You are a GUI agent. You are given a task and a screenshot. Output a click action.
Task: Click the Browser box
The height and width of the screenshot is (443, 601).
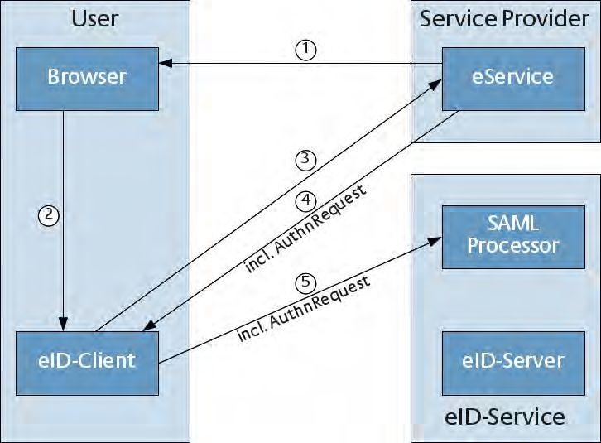[88, 79]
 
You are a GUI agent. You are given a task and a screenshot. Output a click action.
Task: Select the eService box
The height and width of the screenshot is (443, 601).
[513, 79]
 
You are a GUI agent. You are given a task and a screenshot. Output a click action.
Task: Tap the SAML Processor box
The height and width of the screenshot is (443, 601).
[513, 237]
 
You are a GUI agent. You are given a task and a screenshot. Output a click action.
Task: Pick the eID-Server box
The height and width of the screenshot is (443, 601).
[513, 364]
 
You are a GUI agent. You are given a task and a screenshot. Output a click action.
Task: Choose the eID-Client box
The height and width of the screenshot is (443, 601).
[88, 364]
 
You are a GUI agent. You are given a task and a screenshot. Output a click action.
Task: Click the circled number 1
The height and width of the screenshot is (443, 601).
[305, 50]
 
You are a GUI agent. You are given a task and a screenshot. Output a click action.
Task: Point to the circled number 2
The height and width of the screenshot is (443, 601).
[49, 214]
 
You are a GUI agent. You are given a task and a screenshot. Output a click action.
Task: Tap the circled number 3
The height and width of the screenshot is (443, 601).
[305, 160]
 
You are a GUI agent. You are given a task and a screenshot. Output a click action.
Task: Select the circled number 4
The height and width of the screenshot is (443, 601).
[305, 201]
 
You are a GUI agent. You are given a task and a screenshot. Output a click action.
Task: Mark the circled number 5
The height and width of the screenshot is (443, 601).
[305, 283]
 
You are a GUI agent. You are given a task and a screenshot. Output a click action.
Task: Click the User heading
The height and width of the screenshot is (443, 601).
[95, 18]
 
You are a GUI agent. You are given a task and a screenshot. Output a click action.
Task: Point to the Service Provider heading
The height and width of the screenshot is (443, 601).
[504, 18]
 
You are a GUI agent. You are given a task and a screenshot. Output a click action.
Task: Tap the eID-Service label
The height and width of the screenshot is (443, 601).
[504, 417]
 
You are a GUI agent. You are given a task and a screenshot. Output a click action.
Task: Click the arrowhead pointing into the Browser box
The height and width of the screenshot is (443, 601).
[166, 63]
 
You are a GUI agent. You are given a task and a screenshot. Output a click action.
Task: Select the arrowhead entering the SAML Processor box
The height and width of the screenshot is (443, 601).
[435, 241]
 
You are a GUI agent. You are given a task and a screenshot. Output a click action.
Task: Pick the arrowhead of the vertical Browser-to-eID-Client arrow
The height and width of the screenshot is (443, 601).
[63, 324]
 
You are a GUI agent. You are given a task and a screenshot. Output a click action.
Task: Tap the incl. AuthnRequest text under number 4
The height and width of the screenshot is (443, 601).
[305, 229]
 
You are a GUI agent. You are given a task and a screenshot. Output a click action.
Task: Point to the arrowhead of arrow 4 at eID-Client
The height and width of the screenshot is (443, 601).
[150, 325]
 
